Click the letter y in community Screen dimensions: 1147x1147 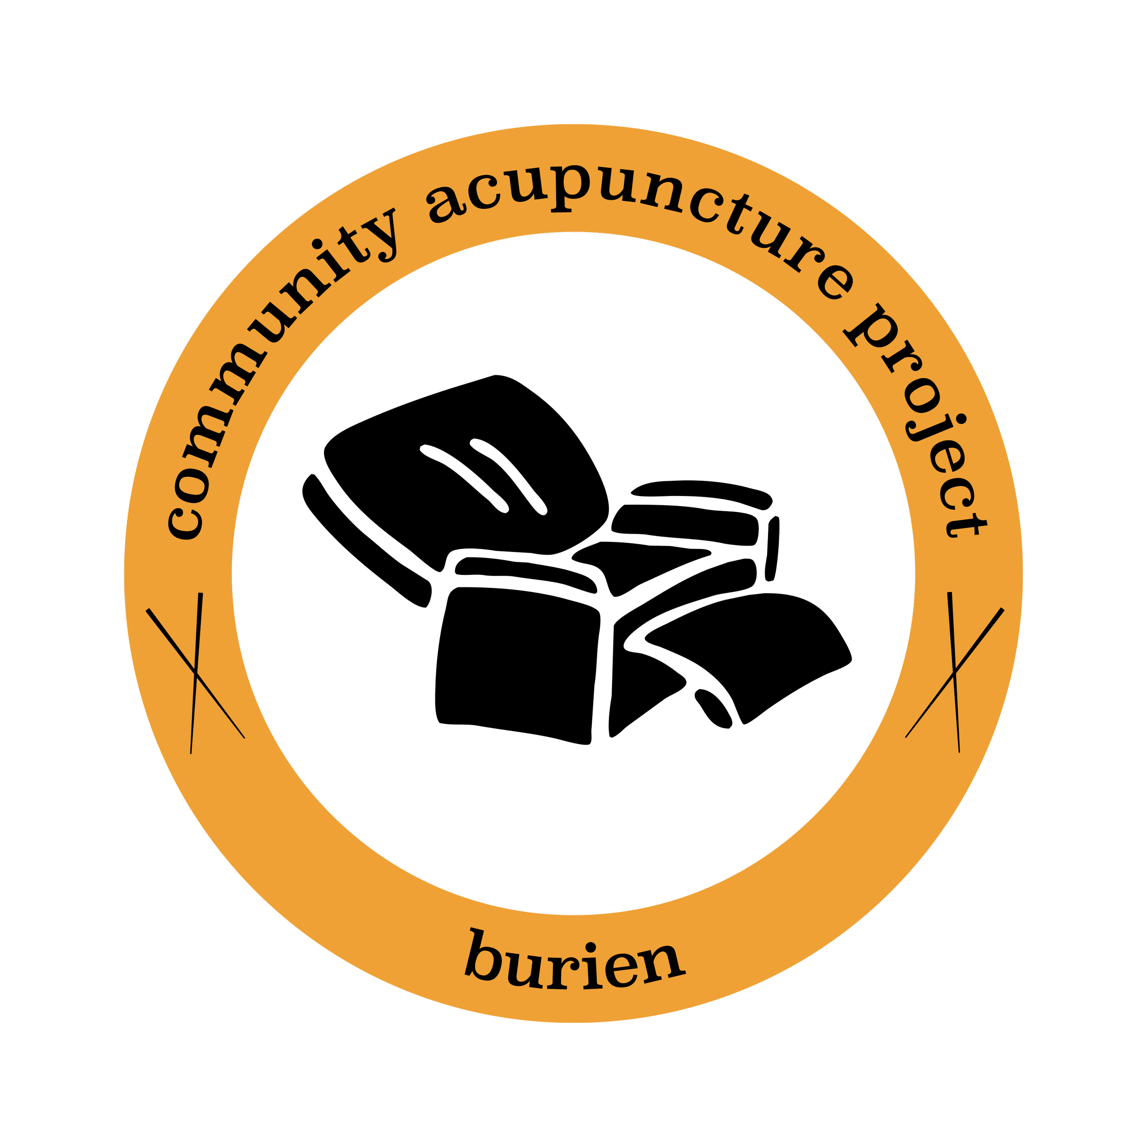[x=380, y=234]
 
